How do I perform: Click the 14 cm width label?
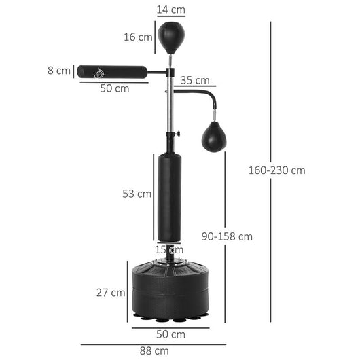click(170, 10)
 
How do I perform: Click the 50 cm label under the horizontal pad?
click(115, 88)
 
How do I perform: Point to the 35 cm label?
click(195, 80)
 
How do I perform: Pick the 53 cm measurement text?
click(137, 194)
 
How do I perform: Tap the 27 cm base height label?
click(110, 293)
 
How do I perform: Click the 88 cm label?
click(154, 350)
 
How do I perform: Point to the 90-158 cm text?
click(227, 236)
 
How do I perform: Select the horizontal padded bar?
click(112, 71)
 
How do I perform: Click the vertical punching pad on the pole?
click(169, 197)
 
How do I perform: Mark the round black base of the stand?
click(170, 289)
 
